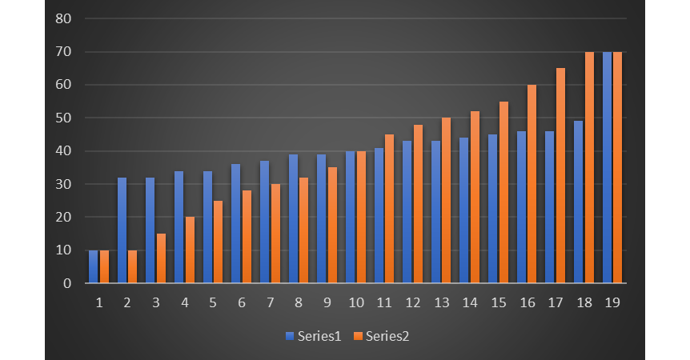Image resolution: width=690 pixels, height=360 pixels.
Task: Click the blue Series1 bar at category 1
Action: point(94,266)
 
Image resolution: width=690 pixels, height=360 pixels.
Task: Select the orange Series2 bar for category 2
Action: point(133,266)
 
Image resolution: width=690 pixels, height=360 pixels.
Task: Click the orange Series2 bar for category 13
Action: point(447,201)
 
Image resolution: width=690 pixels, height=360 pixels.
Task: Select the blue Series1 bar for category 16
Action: point(521,207)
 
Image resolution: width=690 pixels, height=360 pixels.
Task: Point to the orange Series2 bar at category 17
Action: point(560,176)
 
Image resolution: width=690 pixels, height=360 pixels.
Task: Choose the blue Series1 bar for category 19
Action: point(607,167)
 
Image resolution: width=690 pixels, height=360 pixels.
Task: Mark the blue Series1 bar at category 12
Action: point(407,212)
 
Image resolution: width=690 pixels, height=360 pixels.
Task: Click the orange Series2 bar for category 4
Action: point(190,250)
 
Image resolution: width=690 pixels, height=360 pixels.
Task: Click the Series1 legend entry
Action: point(313,336)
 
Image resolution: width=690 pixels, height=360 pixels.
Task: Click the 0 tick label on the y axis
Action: point(68,283)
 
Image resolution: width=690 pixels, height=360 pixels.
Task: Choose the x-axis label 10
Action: point(355,303)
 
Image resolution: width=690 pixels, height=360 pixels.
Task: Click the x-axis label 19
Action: point(612,303)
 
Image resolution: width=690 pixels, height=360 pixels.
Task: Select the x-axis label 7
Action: point(270,303)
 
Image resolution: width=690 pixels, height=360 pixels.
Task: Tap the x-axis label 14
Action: point(470,303)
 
